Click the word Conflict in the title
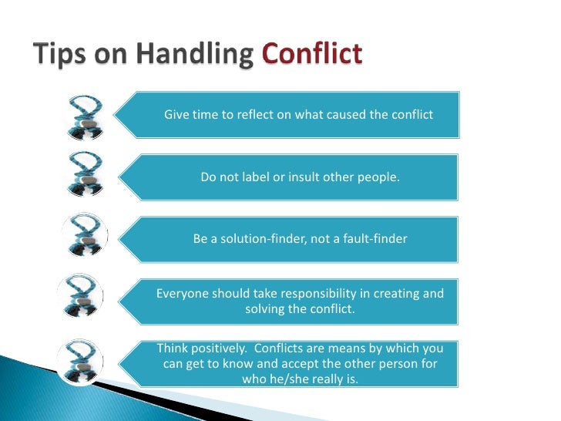tap(311, 56)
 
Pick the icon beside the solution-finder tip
tap(86, 236)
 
